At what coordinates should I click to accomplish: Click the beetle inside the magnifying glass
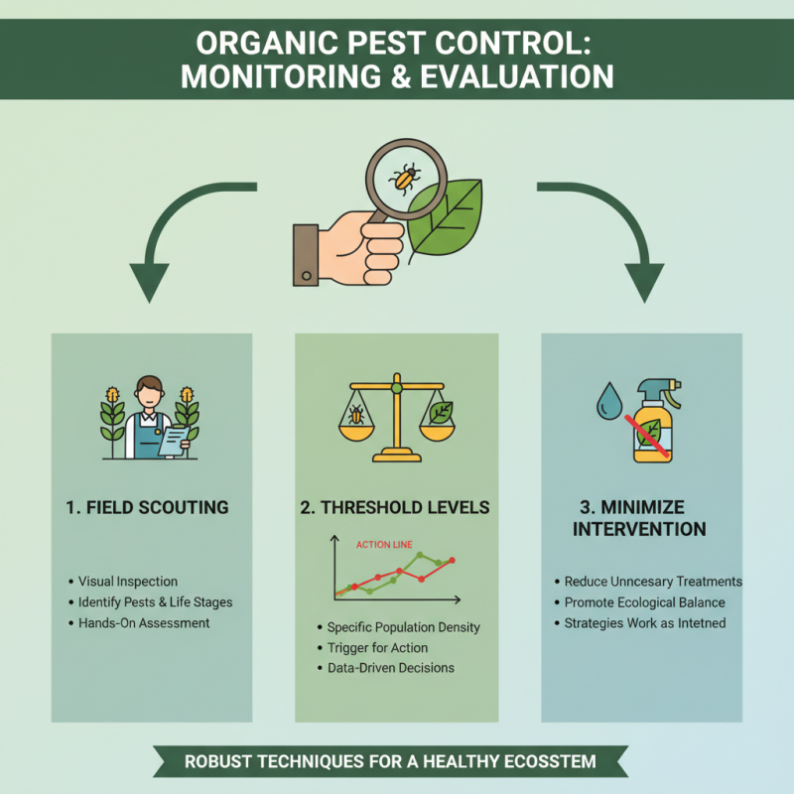[403, 178]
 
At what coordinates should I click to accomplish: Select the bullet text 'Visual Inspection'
[127, 582]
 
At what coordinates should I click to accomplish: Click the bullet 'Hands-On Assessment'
[144, 623]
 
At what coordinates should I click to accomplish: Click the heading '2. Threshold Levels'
[395, 507]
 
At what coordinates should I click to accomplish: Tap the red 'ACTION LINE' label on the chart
[383, 544]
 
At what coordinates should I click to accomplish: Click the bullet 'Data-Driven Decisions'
[390, 668]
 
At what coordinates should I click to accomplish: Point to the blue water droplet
[607, 401]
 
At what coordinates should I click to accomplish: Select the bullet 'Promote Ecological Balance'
[644, 602]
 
